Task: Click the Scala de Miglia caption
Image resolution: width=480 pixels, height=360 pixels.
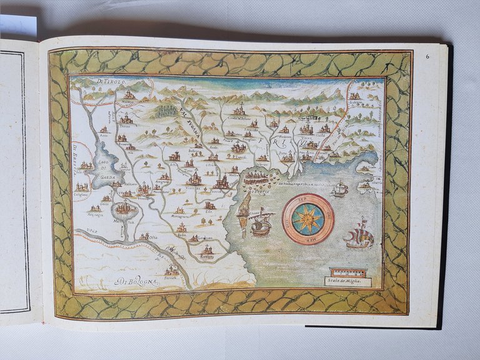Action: [348, 281]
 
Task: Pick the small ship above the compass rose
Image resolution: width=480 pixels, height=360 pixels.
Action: [339, 189]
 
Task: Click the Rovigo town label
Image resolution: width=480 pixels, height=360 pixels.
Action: [207, 256]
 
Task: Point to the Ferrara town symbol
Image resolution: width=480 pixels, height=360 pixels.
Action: [172, 269]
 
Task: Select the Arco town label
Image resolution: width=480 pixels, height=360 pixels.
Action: [103, 134]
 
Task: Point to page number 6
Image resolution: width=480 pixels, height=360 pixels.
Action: [427, 57]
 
